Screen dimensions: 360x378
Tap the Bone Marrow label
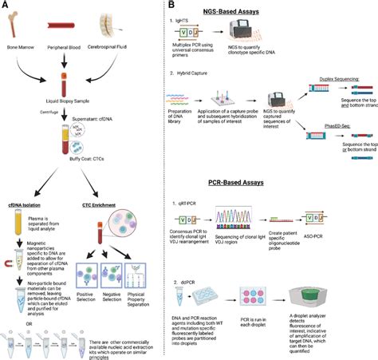pos(22,47)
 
